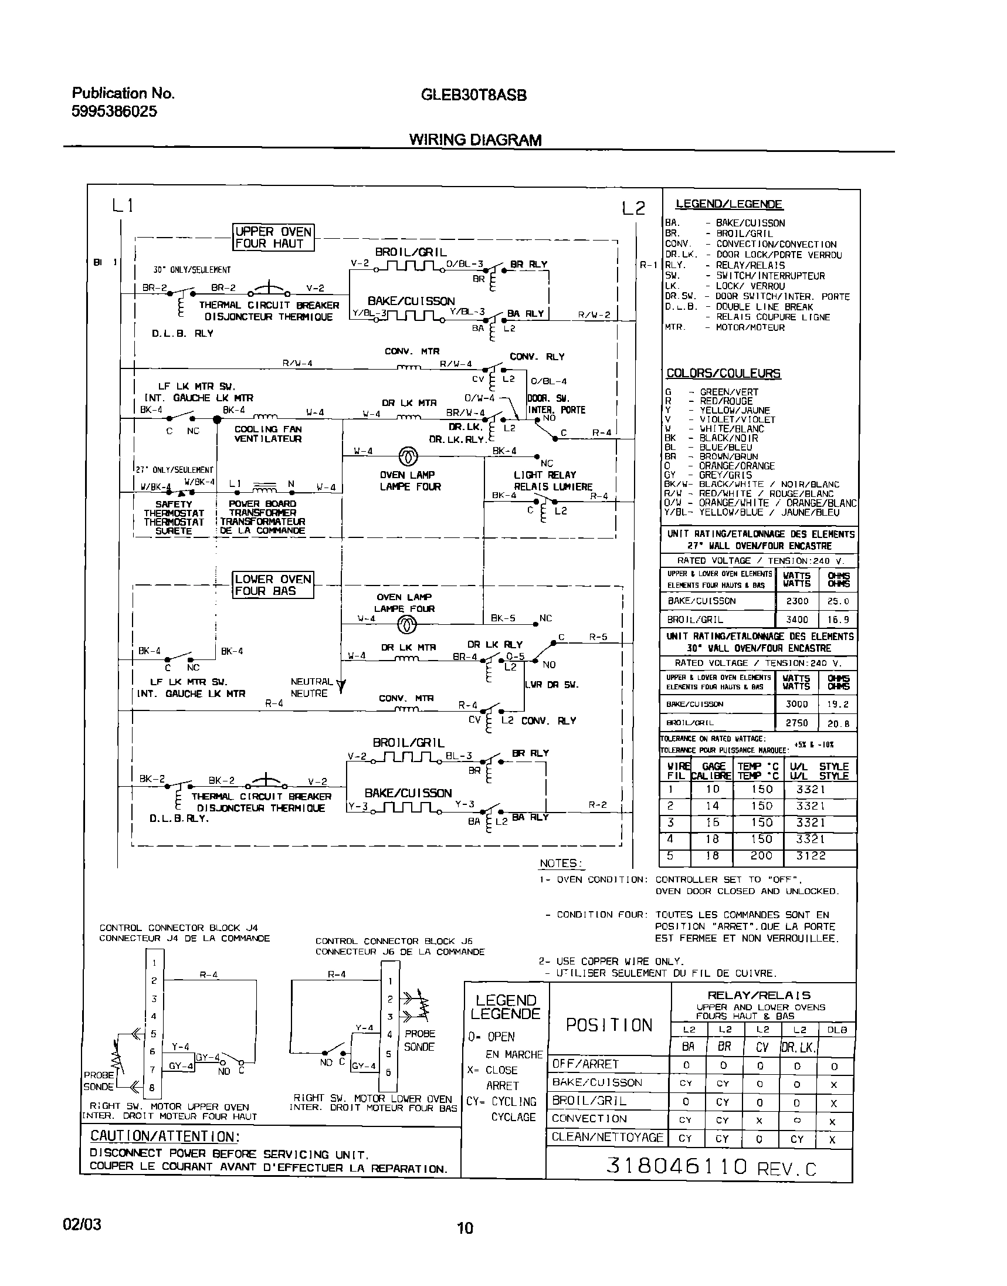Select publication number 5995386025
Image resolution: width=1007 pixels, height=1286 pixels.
pos(114,111)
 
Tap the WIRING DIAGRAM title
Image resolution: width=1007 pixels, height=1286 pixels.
pos(475,140)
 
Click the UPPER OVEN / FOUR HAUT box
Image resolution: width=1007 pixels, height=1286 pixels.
pos(273,238)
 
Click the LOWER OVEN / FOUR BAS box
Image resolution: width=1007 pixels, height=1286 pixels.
pos(273,585)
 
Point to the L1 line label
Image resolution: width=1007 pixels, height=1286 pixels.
pos(123,205)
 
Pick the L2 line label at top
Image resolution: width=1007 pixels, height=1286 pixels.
pos(633,208)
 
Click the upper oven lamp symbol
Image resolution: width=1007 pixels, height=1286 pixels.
pos(409,456)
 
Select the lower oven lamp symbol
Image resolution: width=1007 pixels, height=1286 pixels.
pos(408,622)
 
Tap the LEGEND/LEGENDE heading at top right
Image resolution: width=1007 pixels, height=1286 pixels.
pos(729,204)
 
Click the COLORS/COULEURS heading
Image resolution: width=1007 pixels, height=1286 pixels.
pos(723,373)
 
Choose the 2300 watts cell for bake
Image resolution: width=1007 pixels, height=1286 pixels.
pos(796,601)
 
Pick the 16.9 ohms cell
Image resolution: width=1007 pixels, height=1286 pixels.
pos(838,620)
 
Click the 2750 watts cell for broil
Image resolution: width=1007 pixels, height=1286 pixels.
pos(796,722)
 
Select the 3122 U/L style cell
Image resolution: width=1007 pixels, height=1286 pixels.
pos(811,855)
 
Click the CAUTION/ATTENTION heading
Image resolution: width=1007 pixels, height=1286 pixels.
pos(164,1136)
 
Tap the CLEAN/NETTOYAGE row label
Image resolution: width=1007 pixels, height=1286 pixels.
pos(607,1138)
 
